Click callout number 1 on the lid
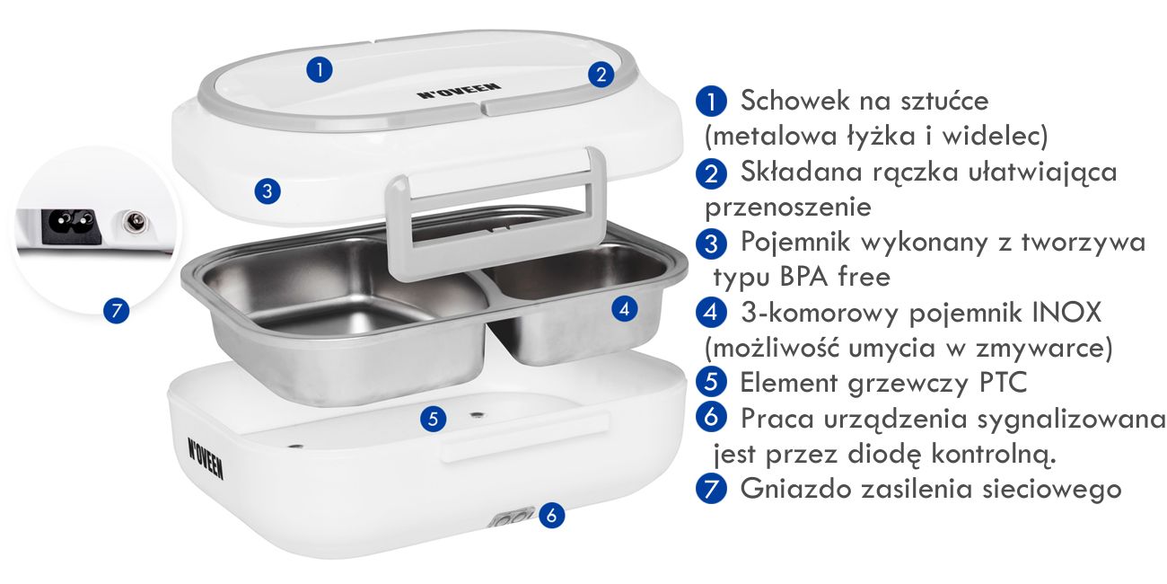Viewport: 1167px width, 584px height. [320, 68]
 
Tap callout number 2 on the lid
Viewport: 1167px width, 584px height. [601, 74]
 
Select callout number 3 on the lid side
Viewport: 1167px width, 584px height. [268, 190]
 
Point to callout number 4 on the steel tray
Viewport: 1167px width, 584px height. [625, 309]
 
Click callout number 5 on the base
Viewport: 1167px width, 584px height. [434, 418]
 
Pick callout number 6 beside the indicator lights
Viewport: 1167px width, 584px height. [553, 516]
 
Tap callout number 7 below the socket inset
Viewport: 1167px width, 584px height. [115, 312]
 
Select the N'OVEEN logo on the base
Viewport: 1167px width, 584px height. [206, 457]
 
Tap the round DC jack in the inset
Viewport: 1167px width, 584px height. [136, 221]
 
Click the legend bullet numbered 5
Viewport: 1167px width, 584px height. [711, 383]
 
